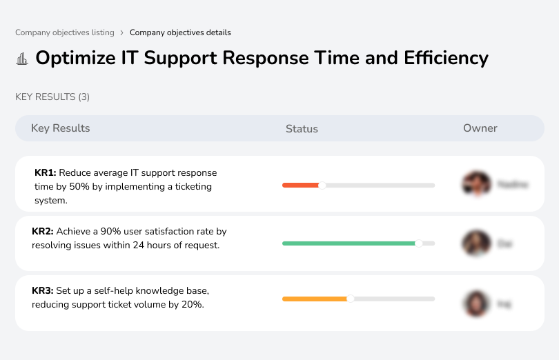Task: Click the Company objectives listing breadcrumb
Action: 65,32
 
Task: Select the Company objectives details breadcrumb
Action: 180,32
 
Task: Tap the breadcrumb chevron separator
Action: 122,32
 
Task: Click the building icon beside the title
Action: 22,59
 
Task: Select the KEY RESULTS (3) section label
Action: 52,97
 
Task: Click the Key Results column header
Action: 60,128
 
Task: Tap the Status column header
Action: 302,129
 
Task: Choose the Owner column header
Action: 480,128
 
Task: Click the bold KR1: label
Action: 45,173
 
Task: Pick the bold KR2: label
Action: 43,232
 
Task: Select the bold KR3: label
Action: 43,291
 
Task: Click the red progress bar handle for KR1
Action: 322,185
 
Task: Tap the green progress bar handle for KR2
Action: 419,243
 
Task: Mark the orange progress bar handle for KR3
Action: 351,299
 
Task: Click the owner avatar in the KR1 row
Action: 475,184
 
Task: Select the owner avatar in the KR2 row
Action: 475,243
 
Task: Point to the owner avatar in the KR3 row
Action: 475,303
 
